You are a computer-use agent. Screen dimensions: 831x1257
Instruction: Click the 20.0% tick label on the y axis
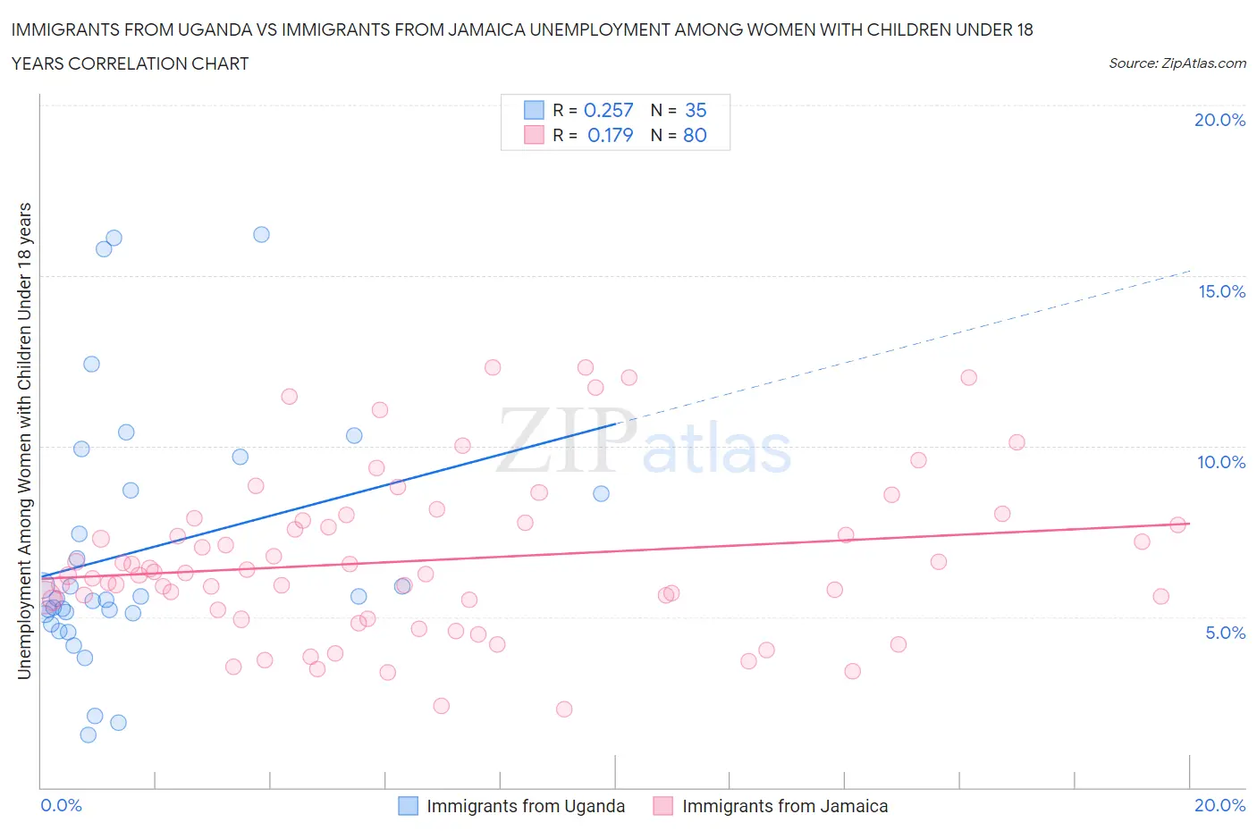pos(1219,121)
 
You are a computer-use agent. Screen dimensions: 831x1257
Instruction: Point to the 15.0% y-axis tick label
pos(1221,291)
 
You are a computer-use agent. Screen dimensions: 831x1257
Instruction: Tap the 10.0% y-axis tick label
pos(1221,462)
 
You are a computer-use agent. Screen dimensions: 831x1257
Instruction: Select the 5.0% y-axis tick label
pos(1225,633)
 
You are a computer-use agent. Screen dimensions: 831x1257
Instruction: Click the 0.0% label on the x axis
pos(62,805)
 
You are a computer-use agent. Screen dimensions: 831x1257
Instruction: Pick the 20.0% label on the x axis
pos(1219,805)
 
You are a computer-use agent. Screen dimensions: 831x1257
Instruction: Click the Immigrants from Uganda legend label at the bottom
pos(526,806)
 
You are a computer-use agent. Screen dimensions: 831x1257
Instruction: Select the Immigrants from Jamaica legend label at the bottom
pos(785,806)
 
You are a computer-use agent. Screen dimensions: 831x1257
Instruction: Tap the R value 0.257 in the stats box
pos(608,110)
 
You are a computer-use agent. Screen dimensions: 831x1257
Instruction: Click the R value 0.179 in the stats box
pos(610,135)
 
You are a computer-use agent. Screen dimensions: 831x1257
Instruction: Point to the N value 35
pos(696,110)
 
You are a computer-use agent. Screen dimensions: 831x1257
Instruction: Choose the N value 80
pos(695,135)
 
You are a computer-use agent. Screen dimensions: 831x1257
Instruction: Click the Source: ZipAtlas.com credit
pos(1177,63)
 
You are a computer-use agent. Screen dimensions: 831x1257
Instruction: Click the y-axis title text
pos(25,441)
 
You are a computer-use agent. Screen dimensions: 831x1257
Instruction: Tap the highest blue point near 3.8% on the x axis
pos(261,234)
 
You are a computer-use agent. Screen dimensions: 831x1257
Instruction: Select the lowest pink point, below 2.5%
pos(564,709)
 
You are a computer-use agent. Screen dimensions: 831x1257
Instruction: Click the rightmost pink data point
pos(1177,525)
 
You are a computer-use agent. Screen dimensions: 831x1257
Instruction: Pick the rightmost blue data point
pos(601,493)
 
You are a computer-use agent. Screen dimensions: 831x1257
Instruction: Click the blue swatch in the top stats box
pos(534,110)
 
